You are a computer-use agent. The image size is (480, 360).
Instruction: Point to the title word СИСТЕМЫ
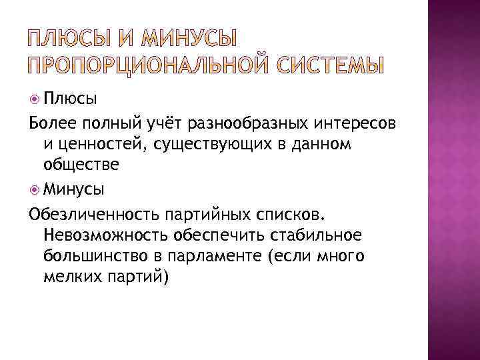point(327,66)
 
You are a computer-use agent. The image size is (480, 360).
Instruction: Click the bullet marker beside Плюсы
point(35,100)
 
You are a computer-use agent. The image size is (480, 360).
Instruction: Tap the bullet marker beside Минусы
point(35,190)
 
